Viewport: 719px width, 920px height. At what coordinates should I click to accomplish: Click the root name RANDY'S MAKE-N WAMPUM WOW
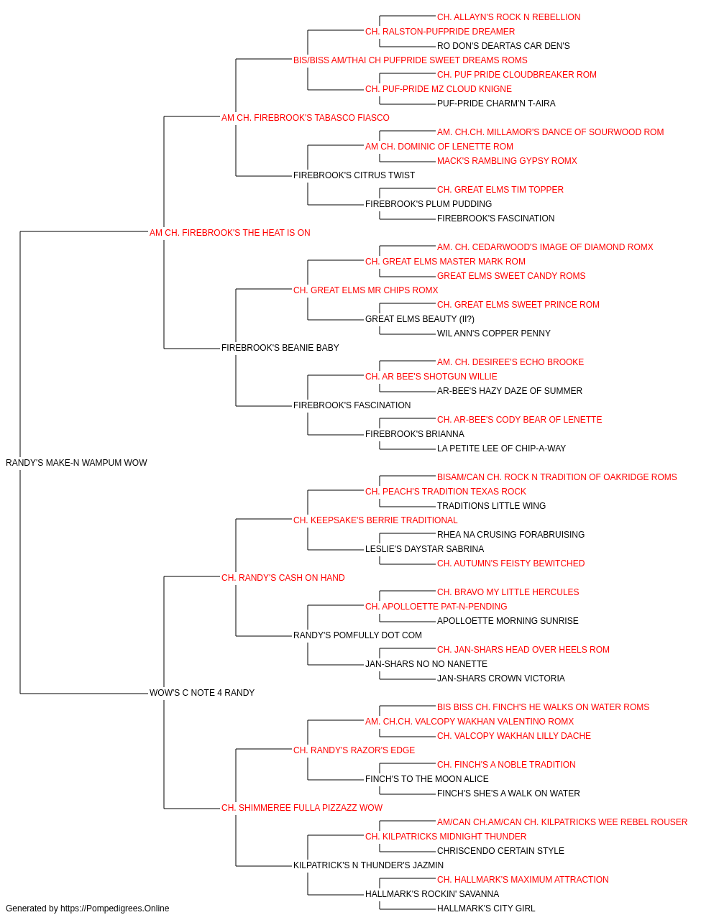click(76, 463)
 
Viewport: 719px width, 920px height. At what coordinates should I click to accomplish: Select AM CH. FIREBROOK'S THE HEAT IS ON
click(230, 233)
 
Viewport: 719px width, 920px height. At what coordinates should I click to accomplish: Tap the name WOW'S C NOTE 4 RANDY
click(202, 693)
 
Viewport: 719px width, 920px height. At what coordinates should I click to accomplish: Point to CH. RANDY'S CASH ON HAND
click(283, 578)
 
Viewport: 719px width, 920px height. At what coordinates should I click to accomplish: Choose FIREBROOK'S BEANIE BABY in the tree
click(280, 348)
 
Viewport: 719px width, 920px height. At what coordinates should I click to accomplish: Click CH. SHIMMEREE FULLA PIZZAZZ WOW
click(302, 808)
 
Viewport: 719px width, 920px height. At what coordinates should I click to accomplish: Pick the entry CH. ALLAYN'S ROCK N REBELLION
click(508, 17)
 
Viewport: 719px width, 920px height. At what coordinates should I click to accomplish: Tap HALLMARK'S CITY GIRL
click(486, 908)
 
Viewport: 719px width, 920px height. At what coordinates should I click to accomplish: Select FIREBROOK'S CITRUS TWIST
click(354, 175)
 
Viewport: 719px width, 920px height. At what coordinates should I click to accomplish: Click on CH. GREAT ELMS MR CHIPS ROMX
click(365, 290)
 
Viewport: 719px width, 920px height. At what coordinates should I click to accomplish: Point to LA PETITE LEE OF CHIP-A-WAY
click(501, 448)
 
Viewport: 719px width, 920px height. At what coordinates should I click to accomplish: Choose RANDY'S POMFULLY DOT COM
click(357, 635)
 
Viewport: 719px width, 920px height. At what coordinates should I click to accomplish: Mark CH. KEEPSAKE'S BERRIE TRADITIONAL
click(375, 520)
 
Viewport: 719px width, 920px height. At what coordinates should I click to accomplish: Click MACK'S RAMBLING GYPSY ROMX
click(507, 161)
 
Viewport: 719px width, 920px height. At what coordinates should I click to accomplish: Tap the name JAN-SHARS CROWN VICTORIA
click(501, 678)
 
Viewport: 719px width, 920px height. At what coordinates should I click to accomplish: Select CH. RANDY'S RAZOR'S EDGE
click(354, 750)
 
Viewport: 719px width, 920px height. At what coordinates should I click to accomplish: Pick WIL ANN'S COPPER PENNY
click(494, 333)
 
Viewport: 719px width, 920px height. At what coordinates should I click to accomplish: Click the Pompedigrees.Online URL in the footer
click(115, 908)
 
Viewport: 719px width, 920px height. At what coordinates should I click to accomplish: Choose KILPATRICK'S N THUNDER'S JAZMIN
click(368, 865)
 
